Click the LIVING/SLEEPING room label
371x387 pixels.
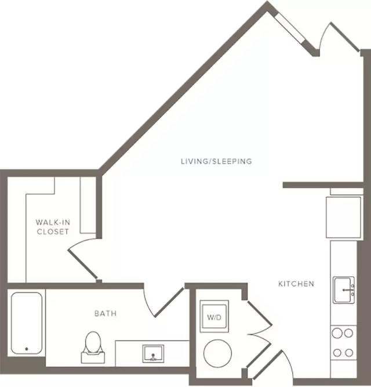coord(216,161)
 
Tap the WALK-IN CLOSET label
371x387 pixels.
coord(53,227)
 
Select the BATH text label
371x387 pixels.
coord(106,313)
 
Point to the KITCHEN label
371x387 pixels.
coord(296,284)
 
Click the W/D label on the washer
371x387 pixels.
coord(214,317)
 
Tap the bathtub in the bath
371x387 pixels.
coord(27,323)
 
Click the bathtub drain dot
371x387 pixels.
coord(27,349)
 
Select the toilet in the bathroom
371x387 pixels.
coord(93,348)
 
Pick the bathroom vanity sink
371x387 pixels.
coord(153,354)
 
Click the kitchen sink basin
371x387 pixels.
coord(344,290)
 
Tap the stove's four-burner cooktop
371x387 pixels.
coord(343,342)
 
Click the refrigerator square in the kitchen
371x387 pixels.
coord(344,217)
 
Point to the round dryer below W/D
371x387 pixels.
coord(217,353)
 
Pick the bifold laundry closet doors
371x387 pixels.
coord(259,335)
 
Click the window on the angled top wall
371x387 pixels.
coord(290,28)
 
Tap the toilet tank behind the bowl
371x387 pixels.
coord(93,358)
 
